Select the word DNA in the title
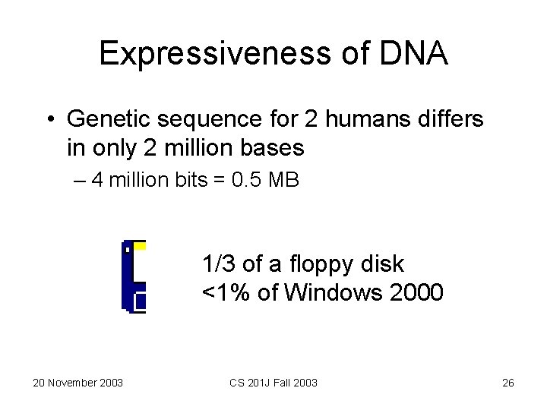pos(413,54)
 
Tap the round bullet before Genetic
pos(49,120)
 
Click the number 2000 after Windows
pos(416,292)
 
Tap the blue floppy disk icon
pos(134,276)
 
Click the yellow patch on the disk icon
pos(139,245)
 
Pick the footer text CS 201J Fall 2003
pos(274,382)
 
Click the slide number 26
pos(508,382)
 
